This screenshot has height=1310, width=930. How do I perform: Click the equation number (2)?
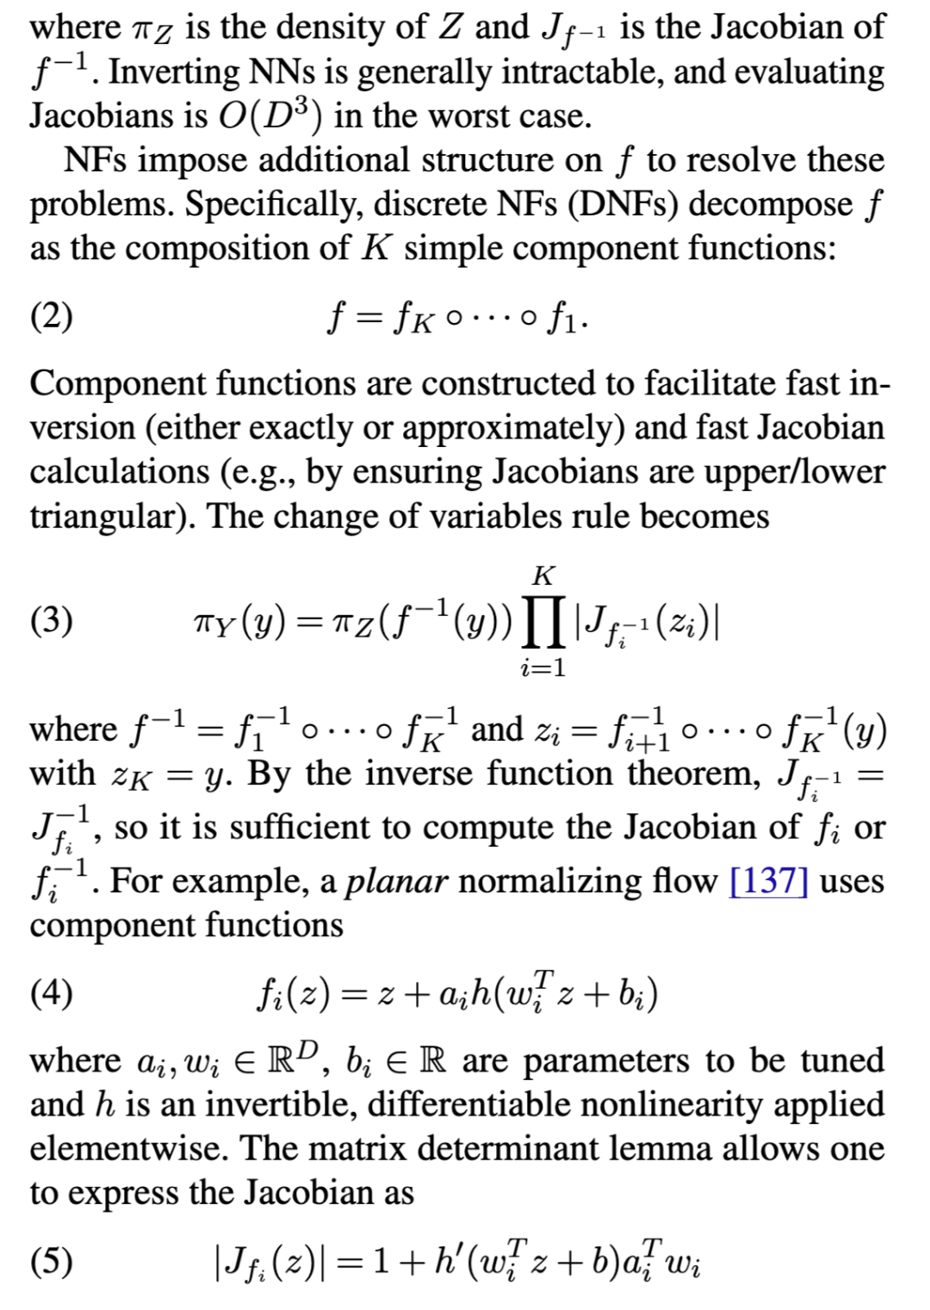(x=52, y=318)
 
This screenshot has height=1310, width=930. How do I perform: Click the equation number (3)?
(x=52, y=621)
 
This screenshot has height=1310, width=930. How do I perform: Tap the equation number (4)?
(x=52, y=994)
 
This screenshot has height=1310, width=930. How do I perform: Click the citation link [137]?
(x=768, y=881)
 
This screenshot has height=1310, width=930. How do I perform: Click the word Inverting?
(x=173, y=72)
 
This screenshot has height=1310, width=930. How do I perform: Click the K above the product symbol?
(x=543, y=574)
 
